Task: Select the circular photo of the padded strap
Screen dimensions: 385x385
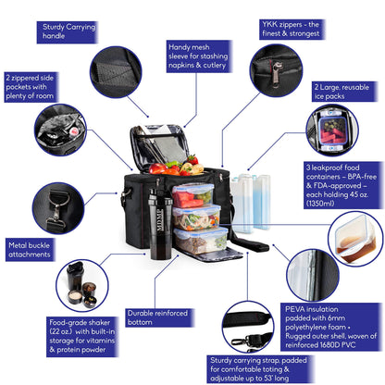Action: tap(249, 327)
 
